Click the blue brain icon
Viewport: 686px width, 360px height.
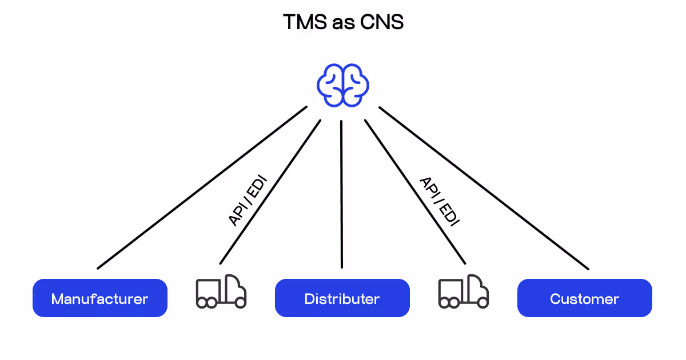tap(342, 85)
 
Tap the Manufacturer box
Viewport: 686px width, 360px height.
tap(100, 298)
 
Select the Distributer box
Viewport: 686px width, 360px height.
tap(342, 298)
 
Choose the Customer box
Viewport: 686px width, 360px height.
tap(584, 298)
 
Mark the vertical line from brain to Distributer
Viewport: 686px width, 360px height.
tap(342, 194)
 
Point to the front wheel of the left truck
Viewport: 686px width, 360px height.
tap(240, 302)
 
